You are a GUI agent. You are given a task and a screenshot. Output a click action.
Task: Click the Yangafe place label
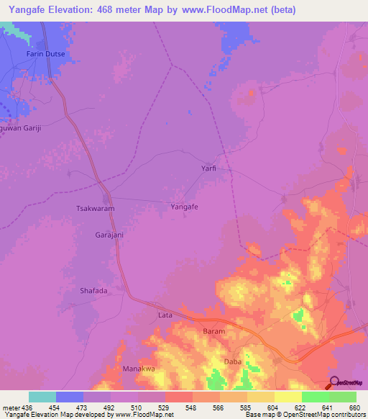click(185, 207)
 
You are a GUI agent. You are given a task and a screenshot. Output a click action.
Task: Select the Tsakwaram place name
click(96, 208)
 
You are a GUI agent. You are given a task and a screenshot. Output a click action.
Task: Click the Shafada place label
click(93, 291)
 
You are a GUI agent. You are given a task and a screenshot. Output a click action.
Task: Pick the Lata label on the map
click(165, 315)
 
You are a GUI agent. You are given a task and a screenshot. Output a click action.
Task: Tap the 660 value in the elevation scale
click(354, 407)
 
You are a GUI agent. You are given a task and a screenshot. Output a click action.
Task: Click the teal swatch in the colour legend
click(42, 397)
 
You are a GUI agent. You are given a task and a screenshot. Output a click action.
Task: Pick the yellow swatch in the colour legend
click(288, 397)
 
